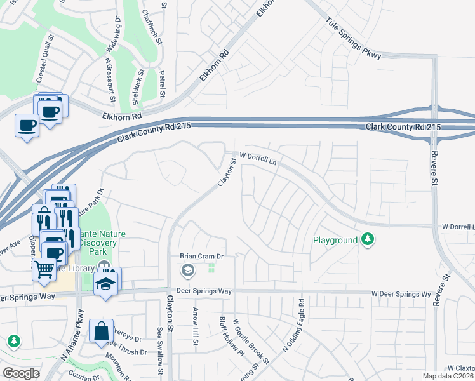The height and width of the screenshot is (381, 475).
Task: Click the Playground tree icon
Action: [367, 239]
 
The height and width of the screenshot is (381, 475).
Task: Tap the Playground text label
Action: [335, 241]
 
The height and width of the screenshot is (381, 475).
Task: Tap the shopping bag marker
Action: [101, 331]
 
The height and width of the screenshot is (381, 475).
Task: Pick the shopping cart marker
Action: [44, 269]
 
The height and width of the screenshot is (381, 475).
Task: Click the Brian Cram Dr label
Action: [203, 256]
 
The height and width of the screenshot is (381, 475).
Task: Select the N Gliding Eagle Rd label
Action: [300, 321]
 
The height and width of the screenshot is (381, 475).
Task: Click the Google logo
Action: [21, 373]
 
